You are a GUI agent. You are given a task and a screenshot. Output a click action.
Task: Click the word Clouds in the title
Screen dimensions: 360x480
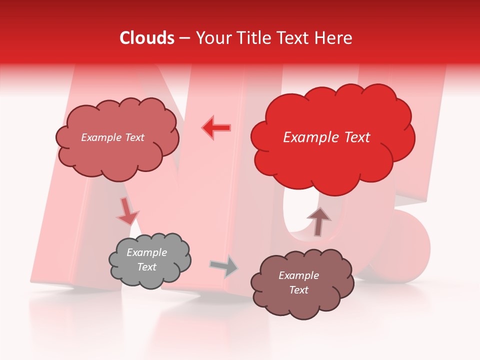(x=147, y=38)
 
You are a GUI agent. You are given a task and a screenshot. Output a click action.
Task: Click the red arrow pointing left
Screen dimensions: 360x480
(x=216, y=127)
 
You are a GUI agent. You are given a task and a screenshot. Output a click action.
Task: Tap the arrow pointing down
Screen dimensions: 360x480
(x=127, y=211)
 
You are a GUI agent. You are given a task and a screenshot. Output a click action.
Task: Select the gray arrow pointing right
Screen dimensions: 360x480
(x=224, y=266)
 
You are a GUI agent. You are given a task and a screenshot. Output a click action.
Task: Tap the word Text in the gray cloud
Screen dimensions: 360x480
(x=147, y=267)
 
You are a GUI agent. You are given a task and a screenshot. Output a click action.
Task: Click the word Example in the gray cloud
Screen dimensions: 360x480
(x=147, y=253)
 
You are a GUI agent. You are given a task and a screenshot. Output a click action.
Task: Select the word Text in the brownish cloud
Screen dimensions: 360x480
(x=299, y=290)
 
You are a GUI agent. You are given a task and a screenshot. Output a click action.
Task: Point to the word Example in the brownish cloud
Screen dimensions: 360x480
(x=299, y=275)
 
